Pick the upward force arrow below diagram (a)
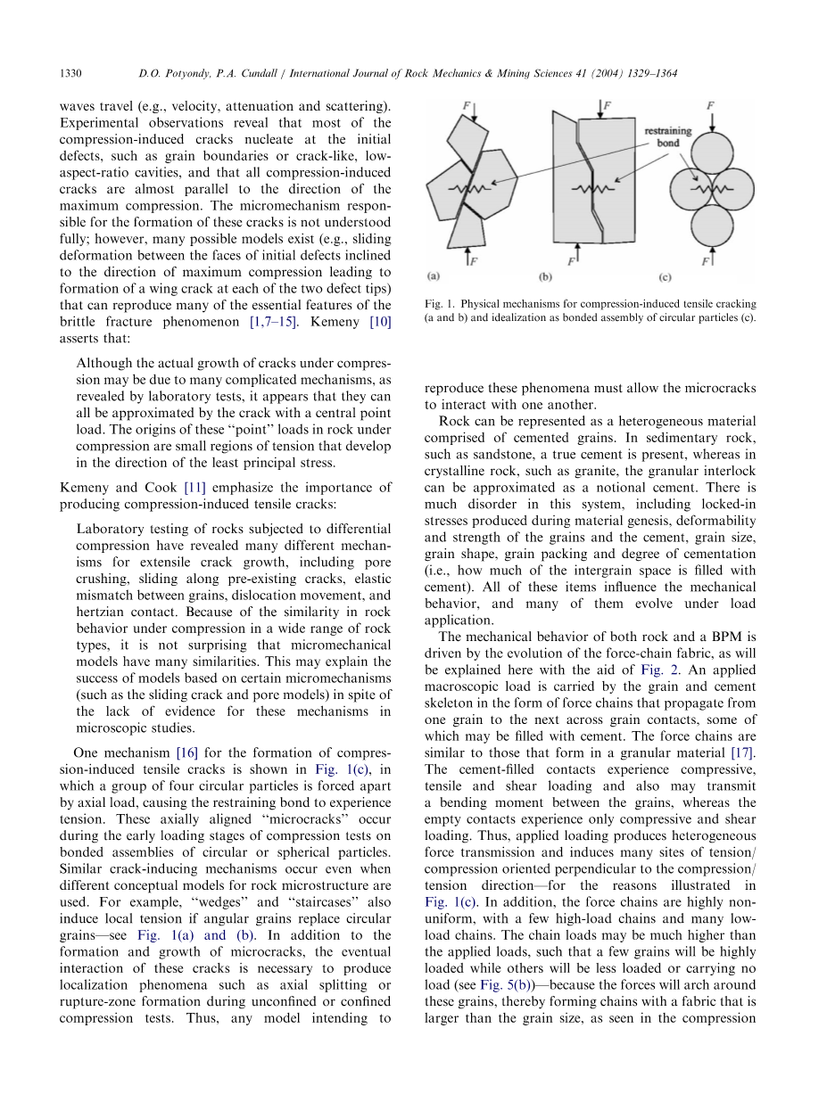[x=467, y=259]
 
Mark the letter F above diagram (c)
[x=711, y=106]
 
